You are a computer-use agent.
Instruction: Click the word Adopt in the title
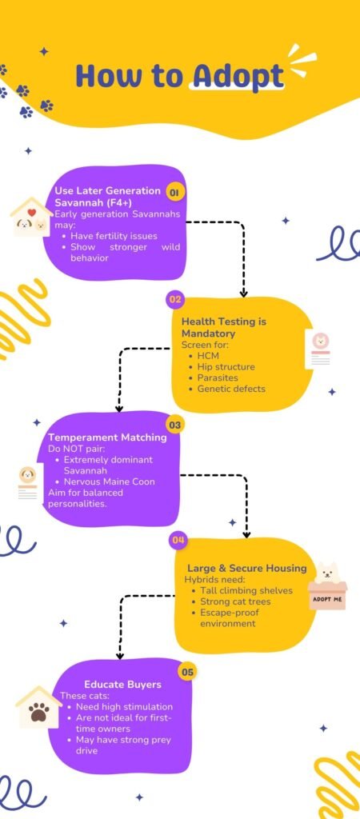pos(238,76)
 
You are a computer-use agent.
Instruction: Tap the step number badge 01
pos(175,193)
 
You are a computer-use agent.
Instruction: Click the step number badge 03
pos(175,425)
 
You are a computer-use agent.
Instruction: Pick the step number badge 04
pos(178,541)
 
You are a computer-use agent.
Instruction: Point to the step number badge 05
pos(187,672)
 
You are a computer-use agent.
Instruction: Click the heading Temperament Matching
pos(108,437)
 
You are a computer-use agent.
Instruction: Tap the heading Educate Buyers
pos(122,685)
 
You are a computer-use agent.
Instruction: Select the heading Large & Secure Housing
pos(247,569)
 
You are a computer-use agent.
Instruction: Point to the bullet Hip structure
pos(226,367)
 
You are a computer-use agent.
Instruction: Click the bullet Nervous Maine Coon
pos(110,481)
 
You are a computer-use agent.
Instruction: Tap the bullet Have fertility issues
pos(114,236)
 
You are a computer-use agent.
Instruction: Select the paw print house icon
pos(38,707)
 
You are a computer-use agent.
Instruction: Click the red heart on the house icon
pos(32,212)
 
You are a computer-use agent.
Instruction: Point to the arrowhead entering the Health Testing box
pos(243,293)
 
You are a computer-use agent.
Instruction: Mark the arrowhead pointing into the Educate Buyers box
pos(120,655)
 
